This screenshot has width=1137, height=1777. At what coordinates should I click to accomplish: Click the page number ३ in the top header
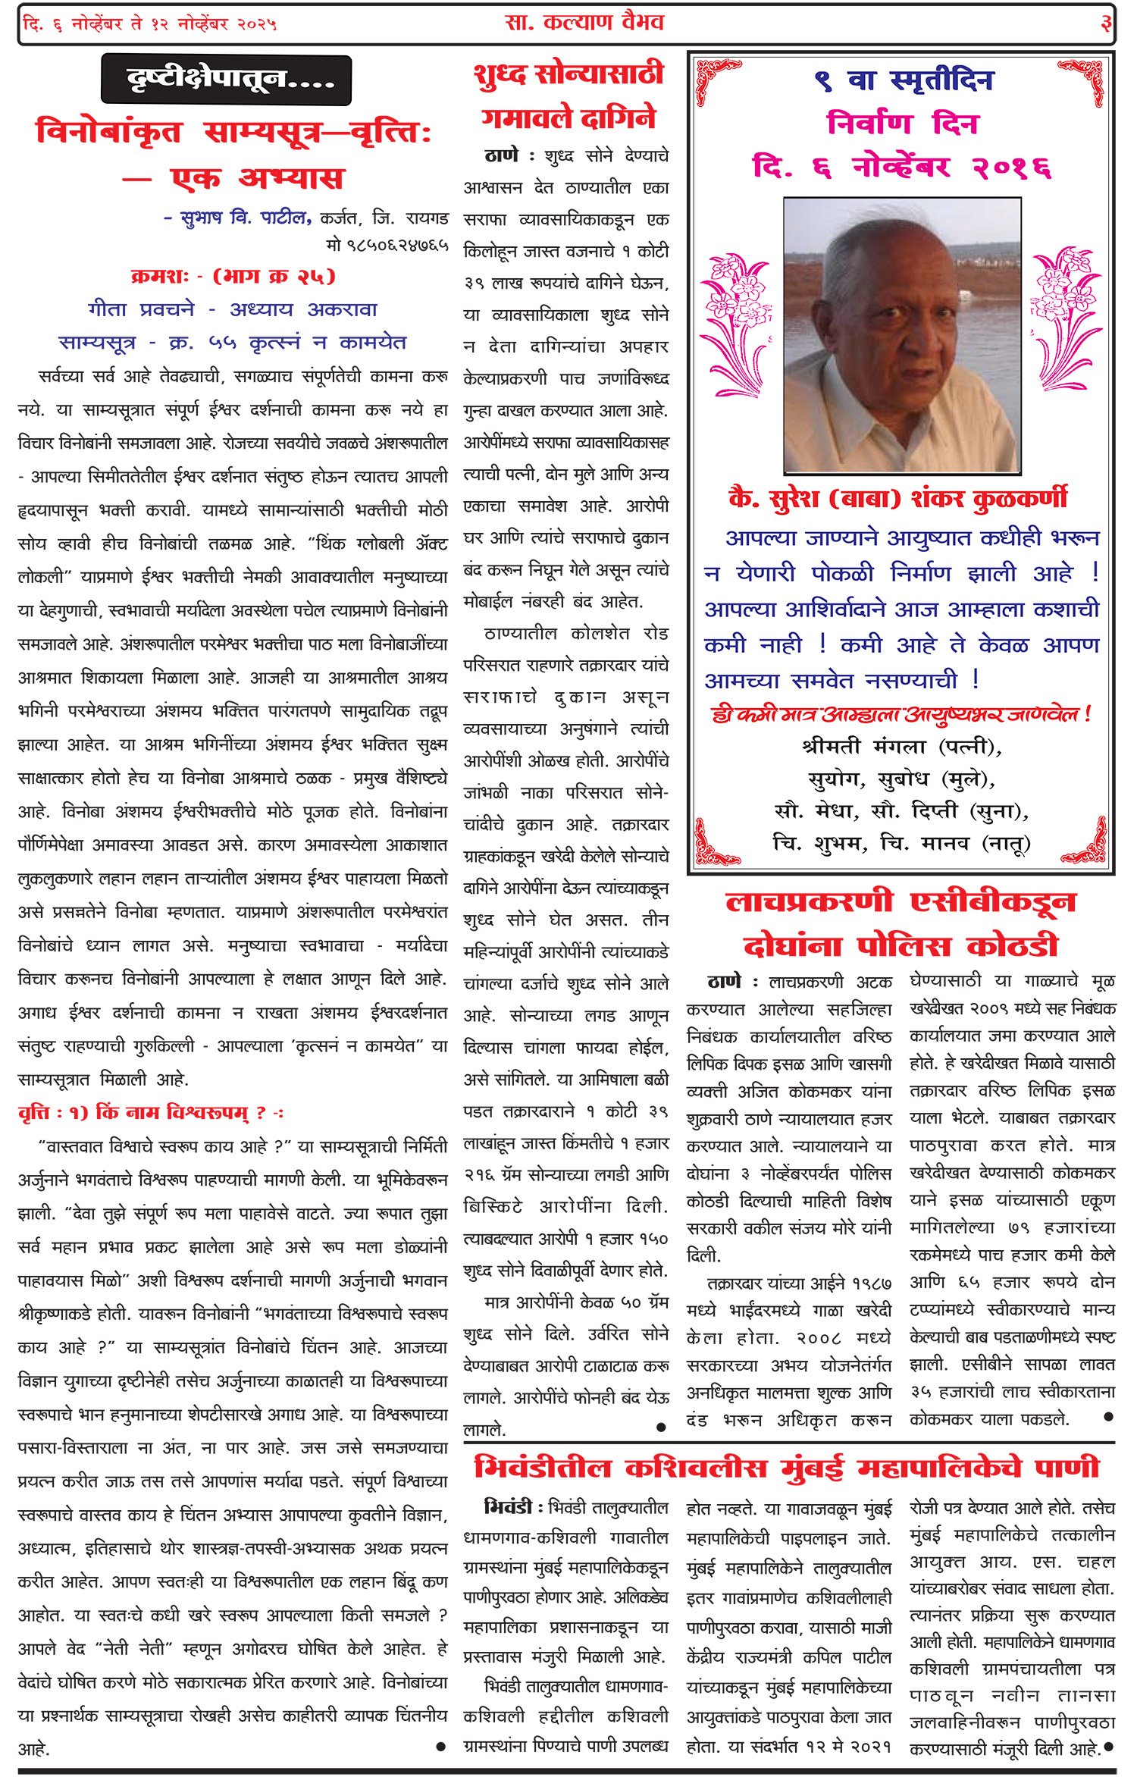pos(1106,24)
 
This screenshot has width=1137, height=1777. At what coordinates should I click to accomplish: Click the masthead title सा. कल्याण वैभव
pos(584,23)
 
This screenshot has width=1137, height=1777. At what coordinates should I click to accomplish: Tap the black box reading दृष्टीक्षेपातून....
pos(226,79)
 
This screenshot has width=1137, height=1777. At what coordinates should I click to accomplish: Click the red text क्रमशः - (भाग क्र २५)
pos(233,277)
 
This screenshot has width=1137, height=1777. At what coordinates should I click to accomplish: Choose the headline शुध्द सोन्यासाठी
pos(568,74)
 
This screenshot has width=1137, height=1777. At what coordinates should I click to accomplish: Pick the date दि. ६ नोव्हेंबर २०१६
pos(901,166)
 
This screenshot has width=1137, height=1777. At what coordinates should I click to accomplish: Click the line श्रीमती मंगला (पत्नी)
pos(901,747)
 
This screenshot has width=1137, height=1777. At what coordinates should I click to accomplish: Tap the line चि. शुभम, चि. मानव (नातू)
pos(901,842)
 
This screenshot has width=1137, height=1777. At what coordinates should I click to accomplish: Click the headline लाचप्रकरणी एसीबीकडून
pos(901,901)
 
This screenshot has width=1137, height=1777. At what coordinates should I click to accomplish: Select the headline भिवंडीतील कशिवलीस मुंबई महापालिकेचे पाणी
pos(787,1468)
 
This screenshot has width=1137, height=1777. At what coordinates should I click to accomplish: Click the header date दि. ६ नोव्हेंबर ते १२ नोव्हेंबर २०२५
pos(150,24)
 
